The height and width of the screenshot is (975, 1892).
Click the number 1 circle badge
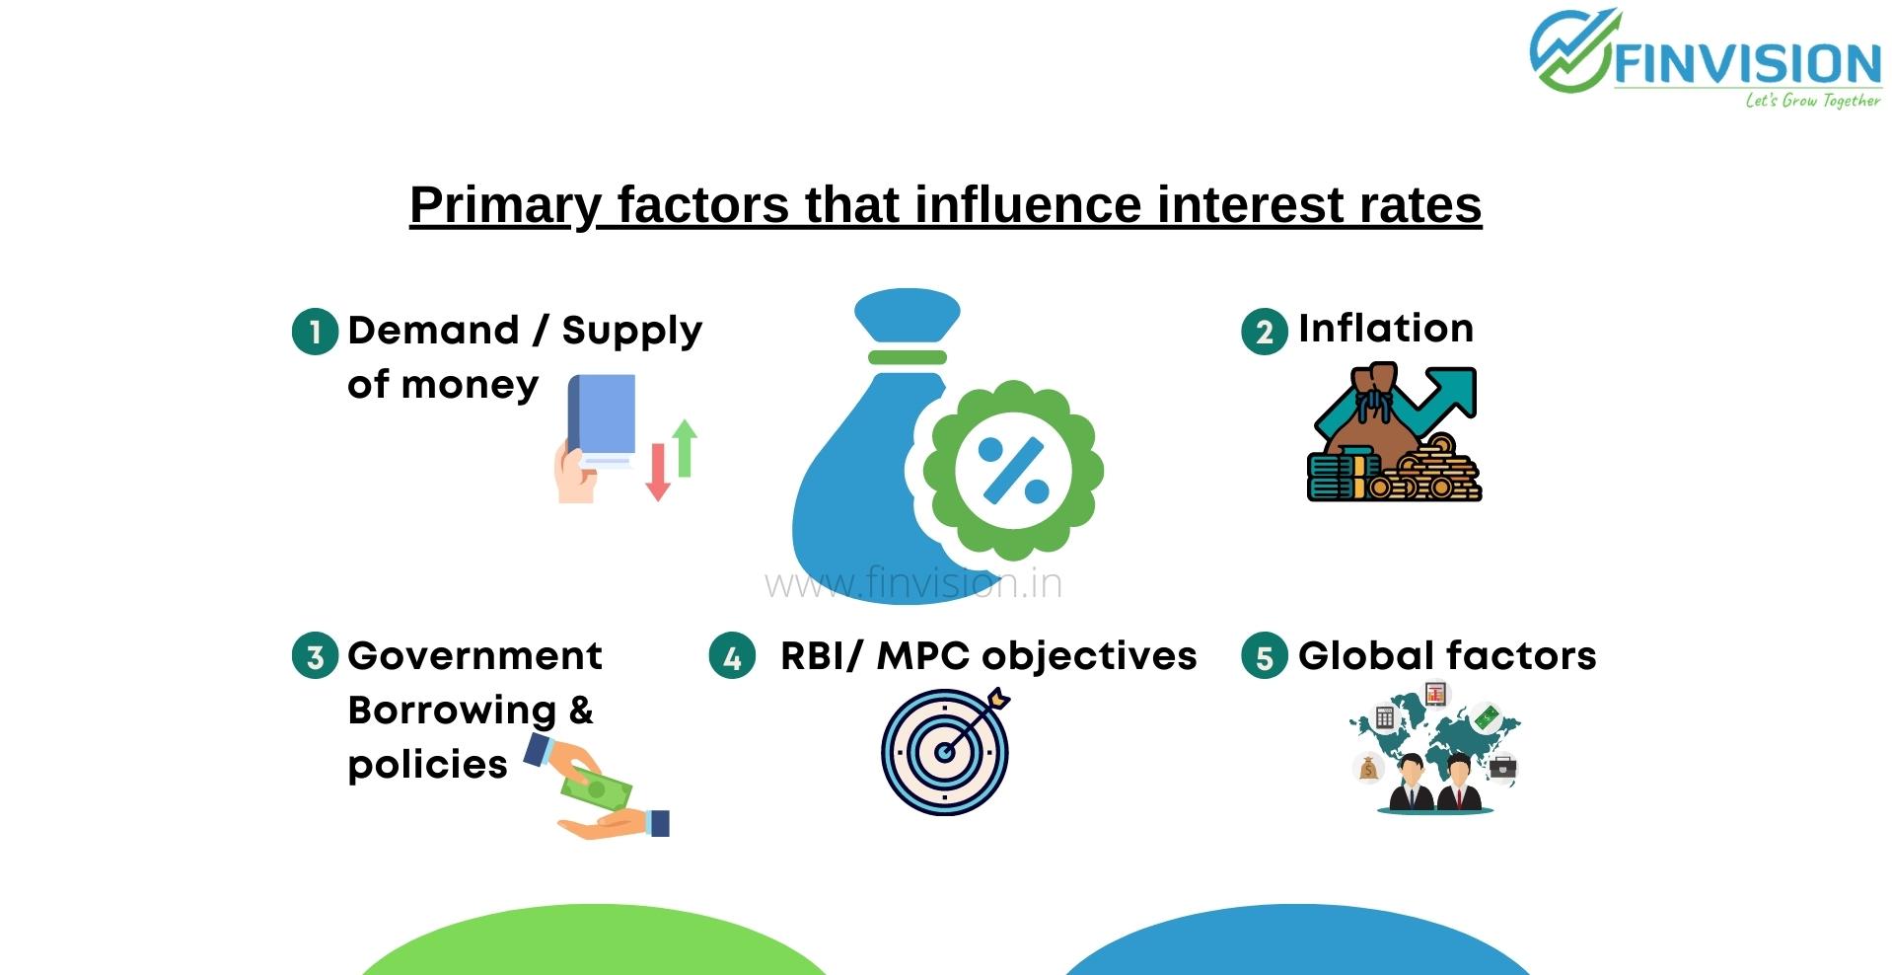coord(316,332)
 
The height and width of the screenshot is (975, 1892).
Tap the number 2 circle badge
coord(1265,332)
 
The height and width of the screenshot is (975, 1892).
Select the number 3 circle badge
coord(316,656)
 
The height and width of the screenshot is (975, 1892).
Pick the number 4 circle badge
coord(732,656)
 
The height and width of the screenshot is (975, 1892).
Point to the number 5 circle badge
coord(1265,656)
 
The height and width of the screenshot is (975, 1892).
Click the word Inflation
coord(1386,328)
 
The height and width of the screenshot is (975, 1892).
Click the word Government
coord(474,655)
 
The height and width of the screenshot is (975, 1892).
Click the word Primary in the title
coord(504,205)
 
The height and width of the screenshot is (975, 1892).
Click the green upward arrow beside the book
coord(685,448)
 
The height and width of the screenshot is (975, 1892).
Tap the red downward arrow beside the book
coord(658,472)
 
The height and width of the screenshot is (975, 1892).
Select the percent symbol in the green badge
coord(1013,469)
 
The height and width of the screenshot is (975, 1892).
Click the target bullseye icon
coord(945,751)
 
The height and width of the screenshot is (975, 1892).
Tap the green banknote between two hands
coord(596,789)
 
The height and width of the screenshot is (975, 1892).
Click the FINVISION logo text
coord(1747,64)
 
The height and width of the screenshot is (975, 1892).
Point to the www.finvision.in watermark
coord(913,583)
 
